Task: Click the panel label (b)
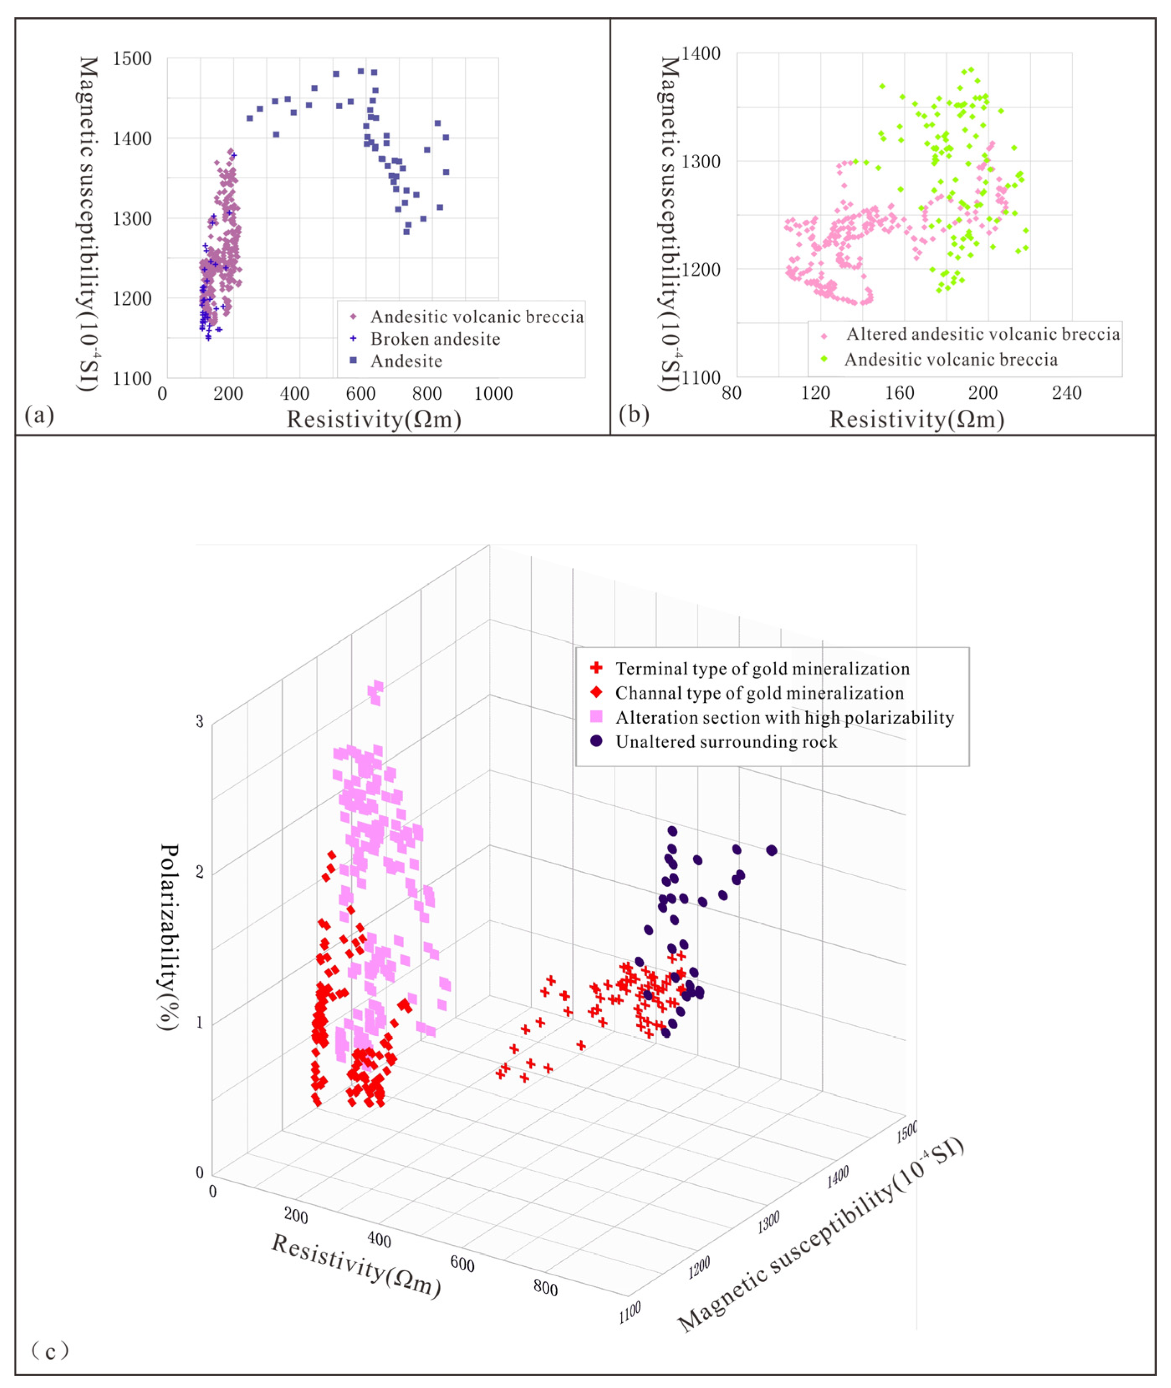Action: pos(633,414)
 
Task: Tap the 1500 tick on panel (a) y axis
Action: pos(132,59)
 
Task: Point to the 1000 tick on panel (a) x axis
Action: pos(493,394)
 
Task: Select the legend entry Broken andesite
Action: pos(435,339)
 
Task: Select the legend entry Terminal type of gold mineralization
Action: pos(762,669)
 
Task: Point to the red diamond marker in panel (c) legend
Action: pos(596,693)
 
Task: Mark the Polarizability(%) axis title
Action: pos(170,936)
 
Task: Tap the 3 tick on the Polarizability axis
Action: pos(199,722)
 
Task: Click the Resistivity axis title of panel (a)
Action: pos(374,420)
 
